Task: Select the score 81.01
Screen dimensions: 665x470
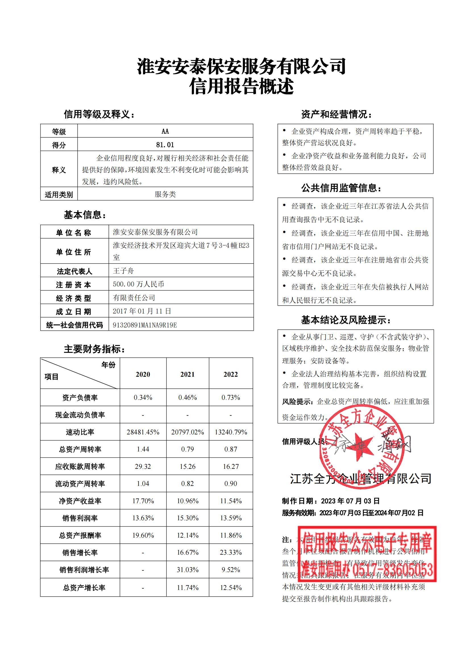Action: click(165, 144)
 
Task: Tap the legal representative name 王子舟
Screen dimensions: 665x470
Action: click(123, 271)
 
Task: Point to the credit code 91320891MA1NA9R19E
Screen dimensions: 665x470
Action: click(145, 325)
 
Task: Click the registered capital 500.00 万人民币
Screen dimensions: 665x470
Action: click(138, 284)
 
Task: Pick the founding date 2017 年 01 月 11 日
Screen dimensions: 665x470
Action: click(142, 311)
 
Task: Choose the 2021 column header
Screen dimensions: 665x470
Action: click(188, 374)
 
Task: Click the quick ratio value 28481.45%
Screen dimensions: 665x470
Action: click(143, 432)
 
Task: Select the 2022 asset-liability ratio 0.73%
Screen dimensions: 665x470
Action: click(231, 397)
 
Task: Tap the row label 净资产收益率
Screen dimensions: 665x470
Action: click(80, 501)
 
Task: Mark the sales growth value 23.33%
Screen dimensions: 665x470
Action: click(231, 552)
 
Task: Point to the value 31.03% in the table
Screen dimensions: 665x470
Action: click(188, 570)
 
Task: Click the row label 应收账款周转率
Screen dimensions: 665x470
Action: click(80, 467)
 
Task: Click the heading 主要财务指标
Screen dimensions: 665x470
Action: click(94, 349)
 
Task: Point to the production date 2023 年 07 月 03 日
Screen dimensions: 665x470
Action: click(350, 501)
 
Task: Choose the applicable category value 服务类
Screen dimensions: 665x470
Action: click(165, 194)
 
